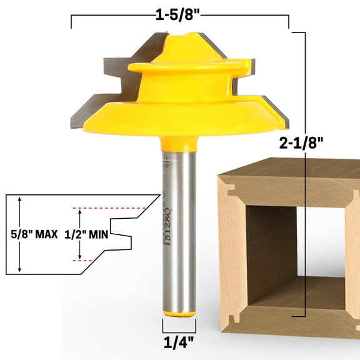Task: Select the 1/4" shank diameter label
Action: click(179, 342)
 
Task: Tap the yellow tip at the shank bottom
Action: click(179, 311)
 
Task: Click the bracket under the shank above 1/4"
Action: click(179, 326)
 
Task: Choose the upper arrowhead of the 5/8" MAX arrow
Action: click(21, 199)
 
